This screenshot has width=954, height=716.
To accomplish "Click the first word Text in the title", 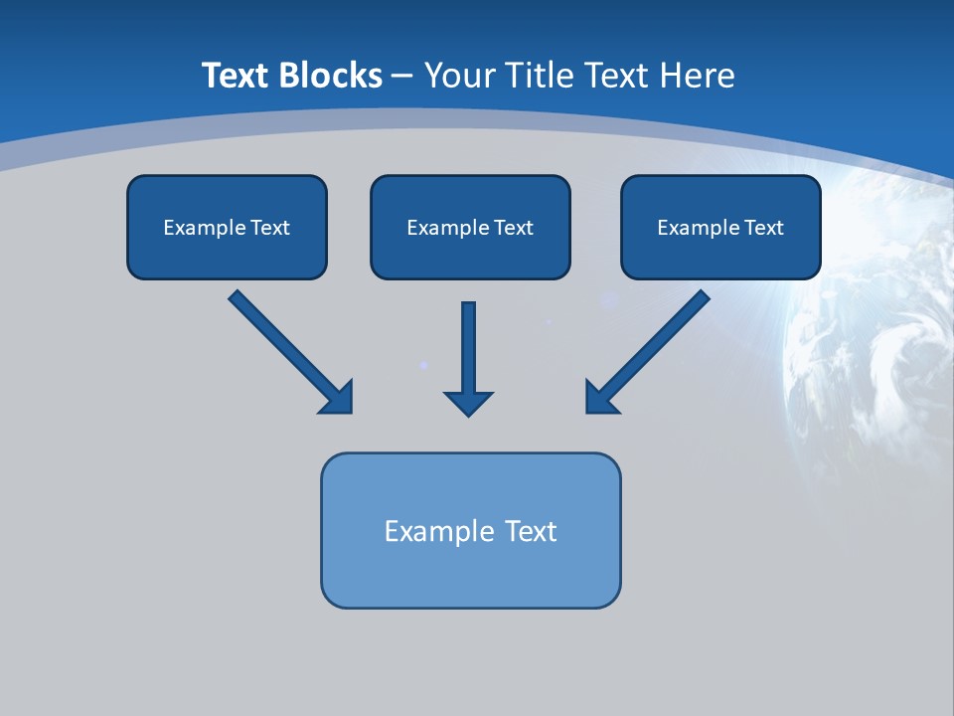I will [238, 76].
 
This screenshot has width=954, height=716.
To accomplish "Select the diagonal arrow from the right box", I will [656, 343].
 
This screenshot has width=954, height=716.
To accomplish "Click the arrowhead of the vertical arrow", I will [468, 403].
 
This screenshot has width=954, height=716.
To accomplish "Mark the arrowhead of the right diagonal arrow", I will [599, 398].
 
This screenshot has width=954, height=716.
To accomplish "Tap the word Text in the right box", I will [764, 228].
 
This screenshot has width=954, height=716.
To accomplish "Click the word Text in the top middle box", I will [514, 228].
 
